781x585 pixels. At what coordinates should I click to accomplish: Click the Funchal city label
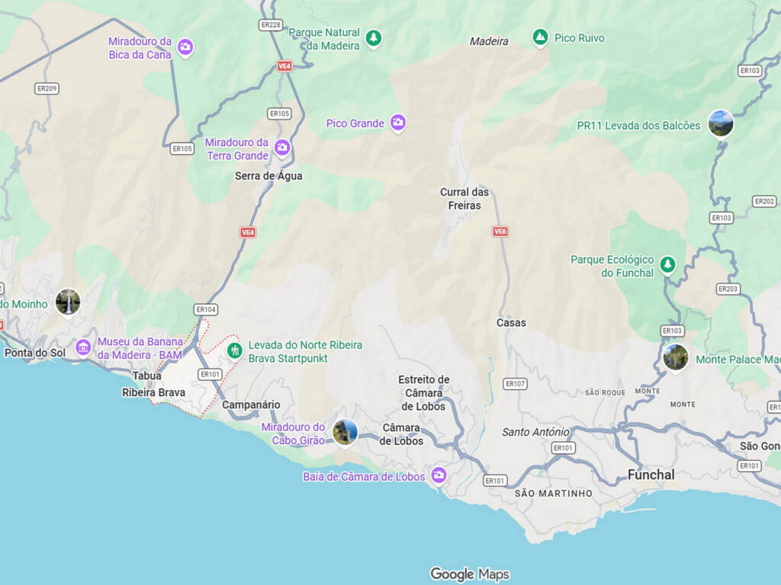coord(651,475)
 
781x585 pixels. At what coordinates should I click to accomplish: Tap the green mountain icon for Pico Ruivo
coord(540,37)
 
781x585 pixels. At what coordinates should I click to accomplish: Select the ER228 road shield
coord(271,25)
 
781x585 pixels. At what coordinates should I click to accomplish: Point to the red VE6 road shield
coord(500,231)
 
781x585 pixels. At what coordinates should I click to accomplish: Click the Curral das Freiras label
coord(464,198)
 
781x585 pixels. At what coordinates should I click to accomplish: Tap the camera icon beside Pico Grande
coord(397,123)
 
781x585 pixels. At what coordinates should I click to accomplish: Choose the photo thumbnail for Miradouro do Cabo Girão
coord(345,432)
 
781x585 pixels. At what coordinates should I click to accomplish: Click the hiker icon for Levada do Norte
coord(234,350)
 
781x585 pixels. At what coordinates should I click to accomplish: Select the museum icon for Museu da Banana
coord(83,348)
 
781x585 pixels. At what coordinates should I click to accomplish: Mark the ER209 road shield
coord(47,88)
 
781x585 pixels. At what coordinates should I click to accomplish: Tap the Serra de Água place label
coord(268,176)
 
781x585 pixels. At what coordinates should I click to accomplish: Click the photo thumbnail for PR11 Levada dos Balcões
coord(720,123)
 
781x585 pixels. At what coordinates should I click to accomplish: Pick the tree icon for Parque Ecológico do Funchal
coord(667,264)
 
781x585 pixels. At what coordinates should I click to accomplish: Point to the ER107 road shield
coord(516,384)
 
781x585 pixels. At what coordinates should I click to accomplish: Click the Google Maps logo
coord(469,574)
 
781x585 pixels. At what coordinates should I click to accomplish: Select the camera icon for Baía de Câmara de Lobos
coord(438,476)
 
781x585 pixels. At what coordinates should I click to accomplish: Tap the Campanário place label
coord(251,404)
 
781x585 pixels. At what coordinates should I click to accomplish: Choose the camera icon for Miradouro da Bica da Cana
coord(185,48)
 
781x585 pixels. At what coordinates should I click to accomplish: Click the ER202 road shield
coord(764,201)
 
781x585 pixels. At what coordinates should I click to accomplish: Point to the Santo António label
coord(535,432)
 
